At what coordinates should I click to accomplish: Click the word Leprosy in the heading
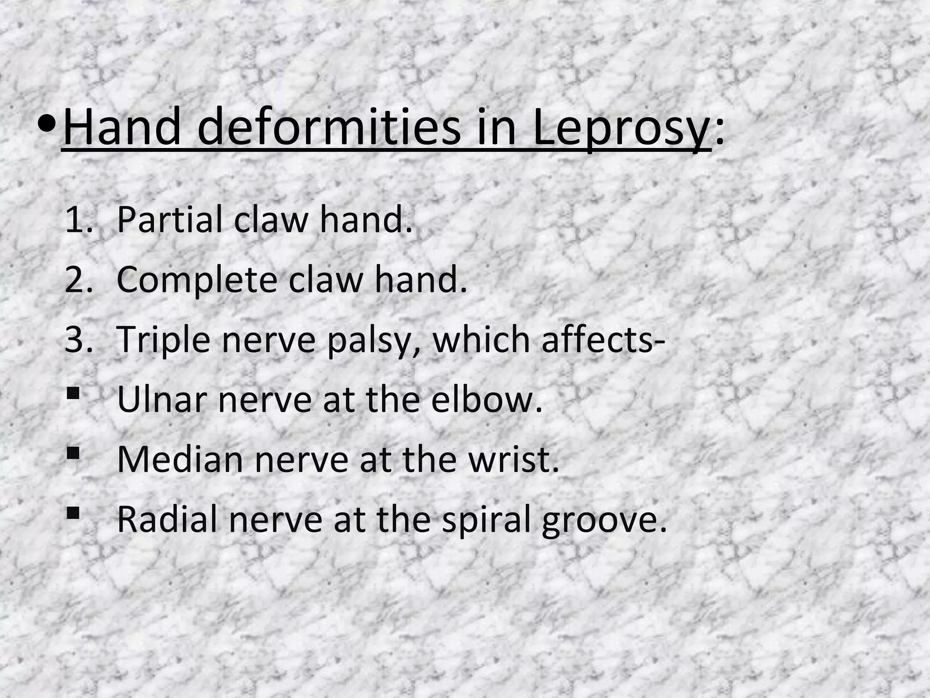click(x=621, y=129)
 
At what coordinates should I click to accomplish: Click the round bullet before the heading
click(x=48, y=125)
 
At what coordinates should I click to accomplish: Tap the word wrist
click(x=513, y=459)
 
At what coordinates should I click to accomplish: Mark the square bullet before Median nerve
click(x=72, y=453)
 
